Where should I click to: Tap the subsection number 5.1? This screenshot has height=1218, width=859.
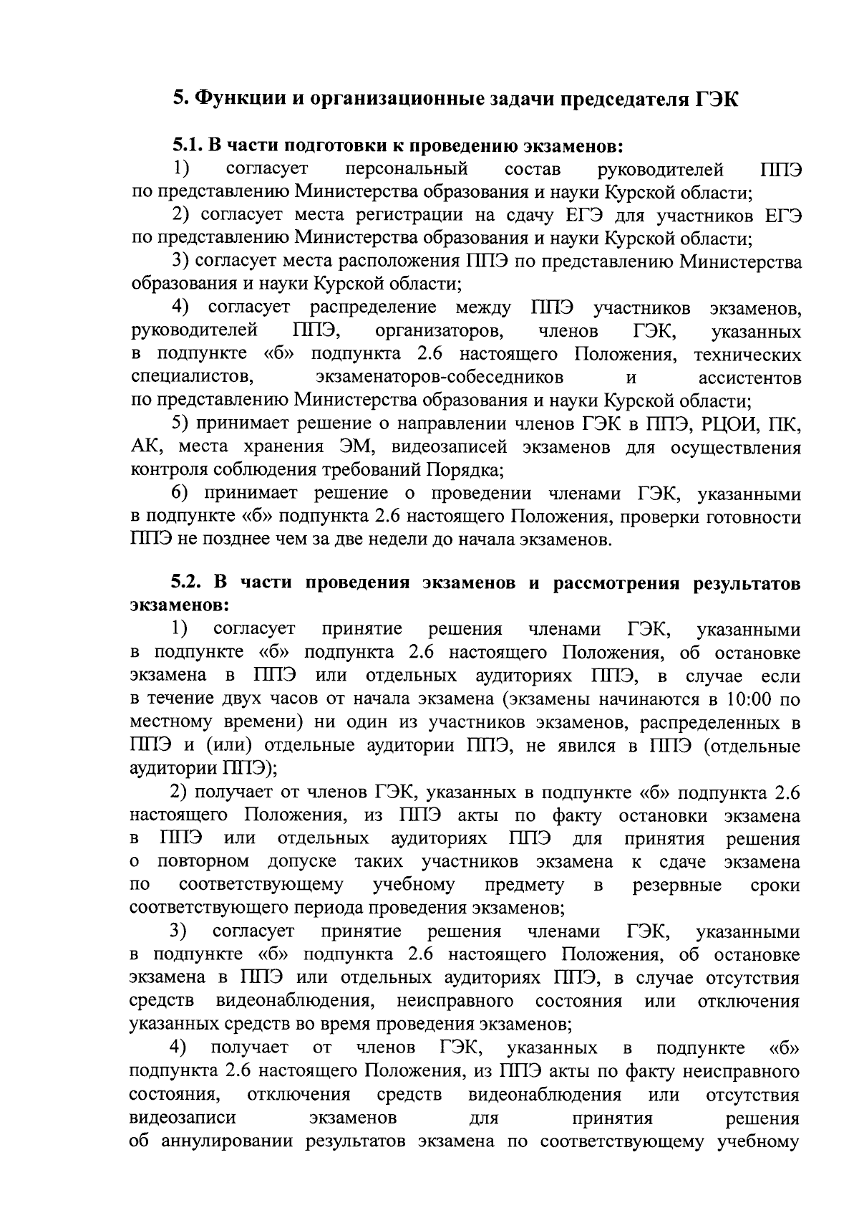click(x=188, y=146)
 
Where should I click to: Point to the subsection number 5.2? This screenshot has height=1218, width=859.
click(x=188, y=582)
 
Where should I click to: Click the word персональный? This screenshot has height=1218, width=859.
click(x=406, y=170)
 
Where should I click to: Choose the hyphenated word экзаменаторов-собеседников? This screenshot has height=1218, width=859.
click(x=439, y=377)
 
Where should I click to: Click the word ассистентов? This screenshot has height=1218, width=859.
click(x=749, y=377)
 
